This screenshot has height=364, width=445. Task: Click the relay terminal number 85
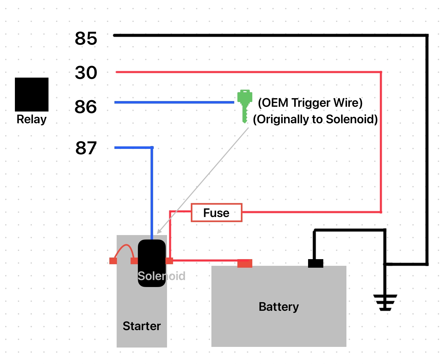pos(86,39)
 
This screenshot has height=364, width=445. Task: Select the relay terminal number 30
pos(86,73)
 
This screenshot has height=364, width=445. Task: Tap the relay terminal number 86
pos(86,107)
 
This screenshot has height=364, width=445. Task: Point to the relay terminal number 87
pos(86,148)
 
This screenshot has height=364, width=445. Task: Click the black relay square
pos(32,94)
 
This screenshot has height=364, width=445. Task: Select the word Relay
pos(31,119)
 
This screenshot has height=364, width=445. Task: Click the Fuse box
pos(216,213)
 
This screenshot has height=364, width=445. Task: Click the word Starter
pos(142,326)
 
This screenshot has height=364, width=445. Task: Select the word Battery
pos(279,307)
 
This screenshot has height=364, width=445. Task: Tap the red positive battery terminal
pos(245,263)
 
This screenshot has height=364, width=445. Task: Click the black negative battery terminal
pos(315,263)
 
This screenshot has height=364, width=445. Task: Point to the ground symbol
pos(385,302)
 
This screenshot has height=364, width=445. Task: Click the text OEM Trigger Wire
pos(310,103)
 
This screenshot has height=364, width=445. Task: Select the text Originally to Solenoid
pos(315,119)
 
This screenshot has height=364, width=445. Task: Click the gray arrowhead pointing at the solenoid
pos(159,232)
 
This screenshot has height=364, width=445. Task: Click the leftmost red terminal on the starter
pos(113,261)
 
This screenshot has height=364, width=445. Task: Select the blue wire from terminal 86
pos(174,102)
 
